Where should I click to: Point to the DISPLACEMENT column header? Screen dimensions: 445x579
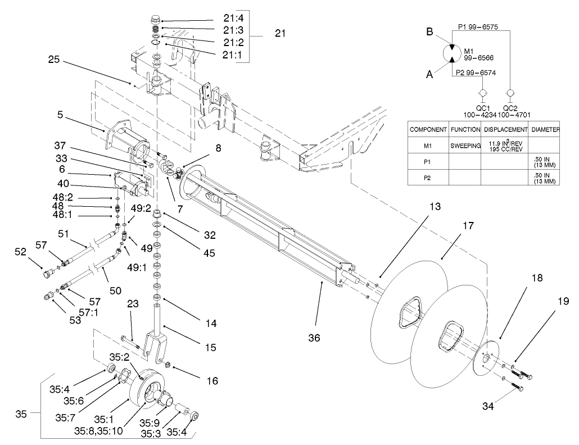tap(505, 129)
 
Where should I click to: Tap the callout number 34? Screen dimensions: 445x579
tap(491, 403)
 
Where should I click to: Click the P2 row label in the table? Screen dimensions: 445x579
tap(428, 180)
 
